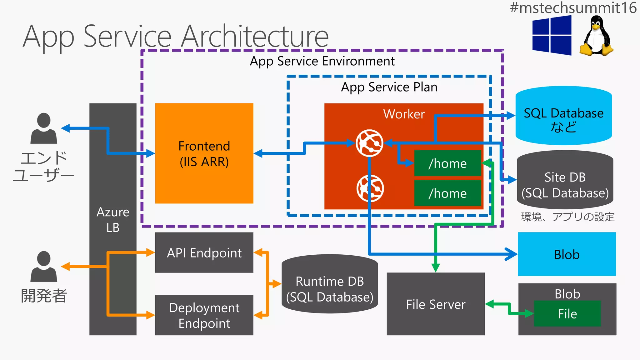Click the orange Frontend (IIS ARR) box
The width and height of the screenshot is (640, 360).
[204, 153]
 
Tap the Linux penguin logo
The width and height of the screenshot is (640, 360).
[596, 37]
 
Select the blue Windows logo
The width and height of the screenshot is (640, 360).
[552, 35]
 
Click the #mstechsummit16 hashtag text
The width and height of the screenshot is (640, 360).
[573, 7]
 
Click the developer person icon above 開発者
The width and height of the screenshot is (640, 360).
[44, 266]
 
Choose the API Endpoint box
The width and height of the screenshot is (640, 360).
[204, 252]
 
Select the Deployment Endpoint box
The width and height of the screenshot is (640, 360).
[204, 315]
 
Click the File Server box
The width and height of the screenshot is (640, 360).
[436, 304]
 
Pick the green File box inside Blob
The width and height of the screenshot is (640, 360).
[567, 313]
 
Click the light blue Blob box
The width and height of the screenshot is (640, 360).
[567, 254]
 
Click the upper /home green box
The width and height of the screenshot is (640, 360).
[447, 163]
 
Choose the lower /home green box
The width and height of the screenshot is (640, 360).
[447, 193]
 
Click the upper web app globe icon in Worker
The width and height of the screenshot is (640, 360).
[370, 143]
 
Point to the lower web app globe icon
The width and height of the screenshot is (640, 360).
[370, 188]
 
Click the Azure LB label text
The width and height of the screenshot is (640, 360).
[113, 220]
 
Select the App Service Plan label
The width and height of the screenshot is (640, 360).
[389, 87]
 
